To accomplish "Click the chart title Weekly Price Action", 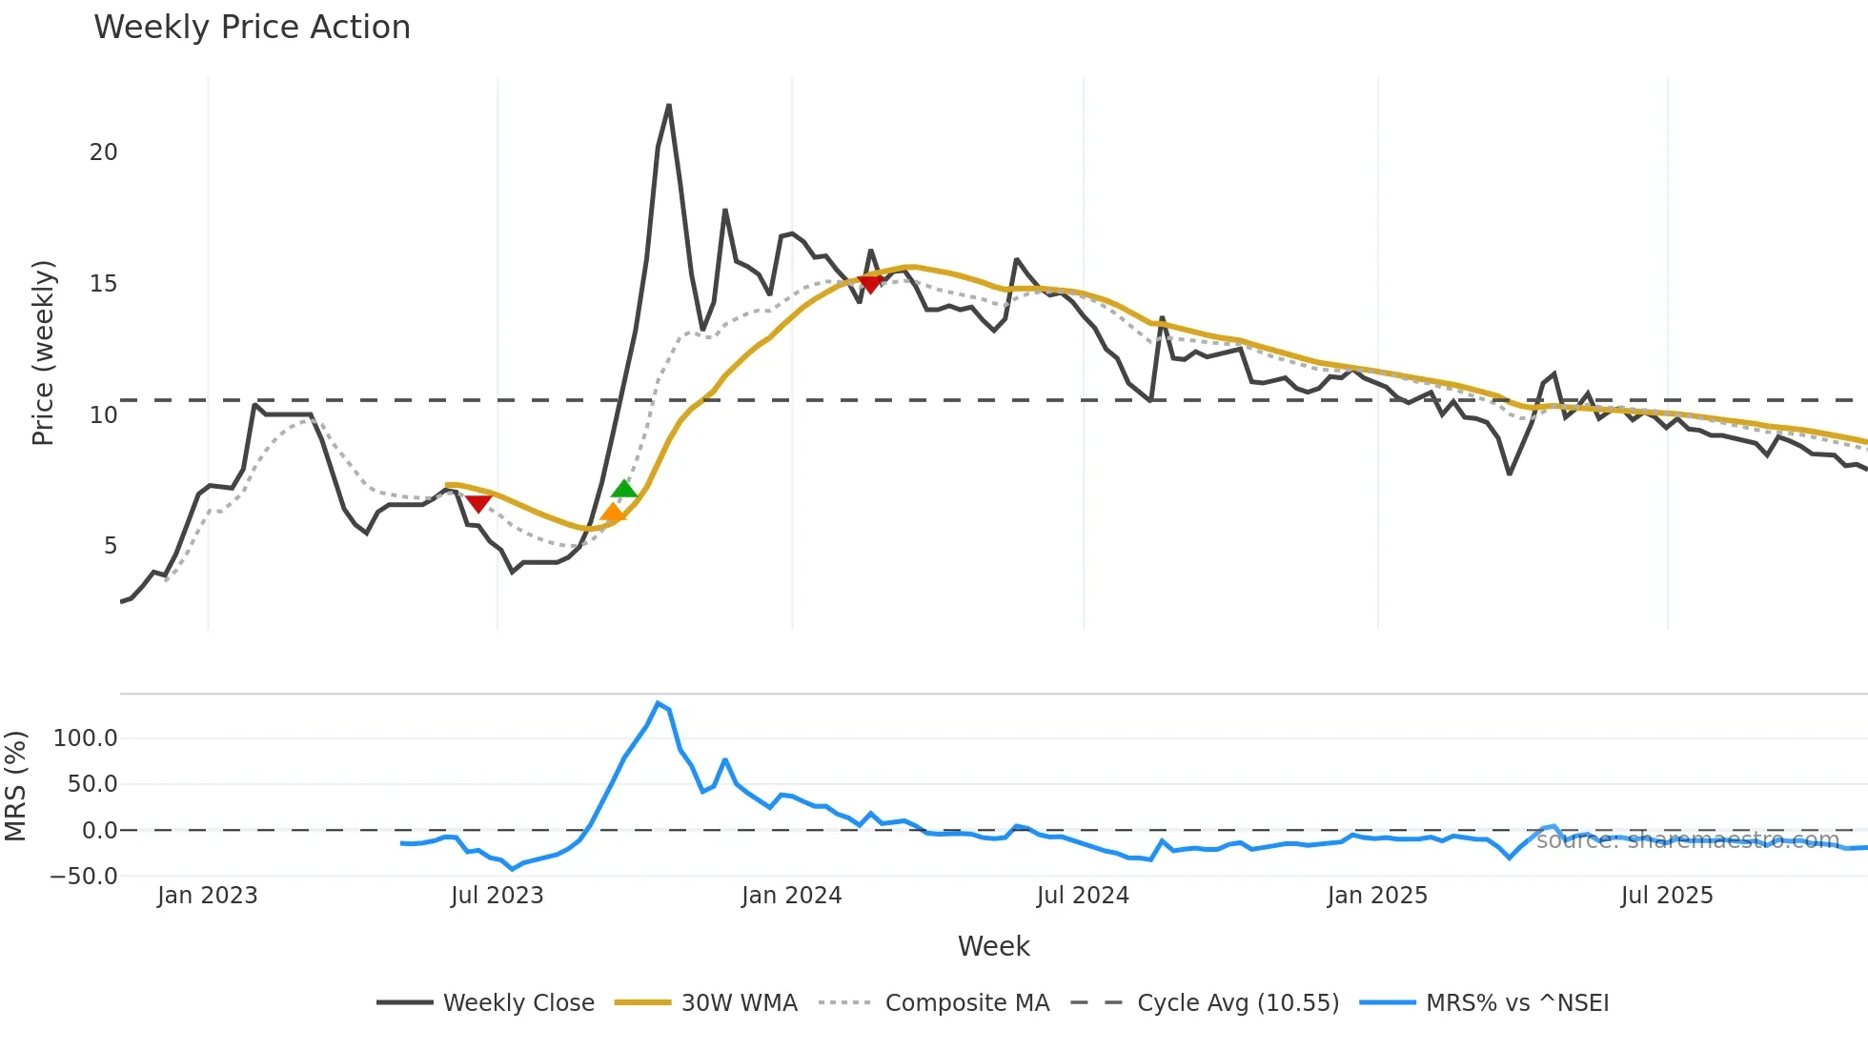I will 252,28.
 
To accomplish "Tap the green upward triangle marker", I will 624,490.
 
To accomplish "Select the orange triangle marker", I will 613,515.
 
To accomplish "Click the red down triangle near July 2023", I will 478,503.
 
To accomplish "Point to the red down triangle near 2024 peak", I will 870,283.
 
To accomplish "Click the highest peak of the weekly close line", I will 669,106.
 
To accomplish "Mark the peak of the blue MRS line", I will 659,703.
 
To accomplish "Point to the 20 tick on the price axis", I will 104,152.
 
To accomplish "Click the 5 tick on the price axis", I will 111,546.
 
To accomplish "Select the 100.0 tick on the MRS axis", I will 86,738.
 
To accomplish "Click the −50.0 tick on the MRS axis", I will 84,877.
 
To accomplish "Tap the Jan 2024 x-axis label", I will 791,896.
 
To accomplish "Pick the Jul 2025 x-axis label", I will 1667,896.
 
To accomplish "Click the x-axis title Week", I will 993,946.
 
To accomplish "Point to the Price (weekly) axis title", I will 44,353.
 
